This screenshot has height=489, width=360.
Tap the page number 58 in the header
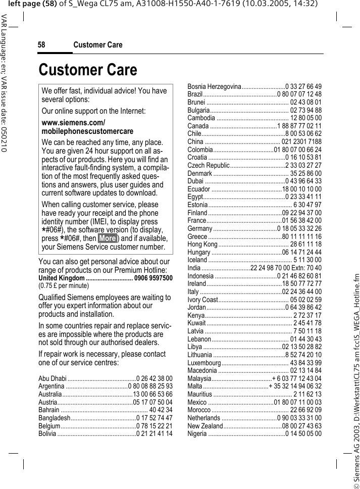[x=42, y=45]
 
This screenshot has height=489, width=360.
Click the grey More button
[x=108, y=238]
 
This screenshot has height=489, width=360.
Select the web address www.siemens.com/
[x=73, y=123]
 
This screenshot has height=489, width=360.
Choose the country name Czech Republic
[x=209, y=165]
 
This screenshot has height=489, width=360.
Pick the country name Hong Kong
[x=202, y=244]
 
